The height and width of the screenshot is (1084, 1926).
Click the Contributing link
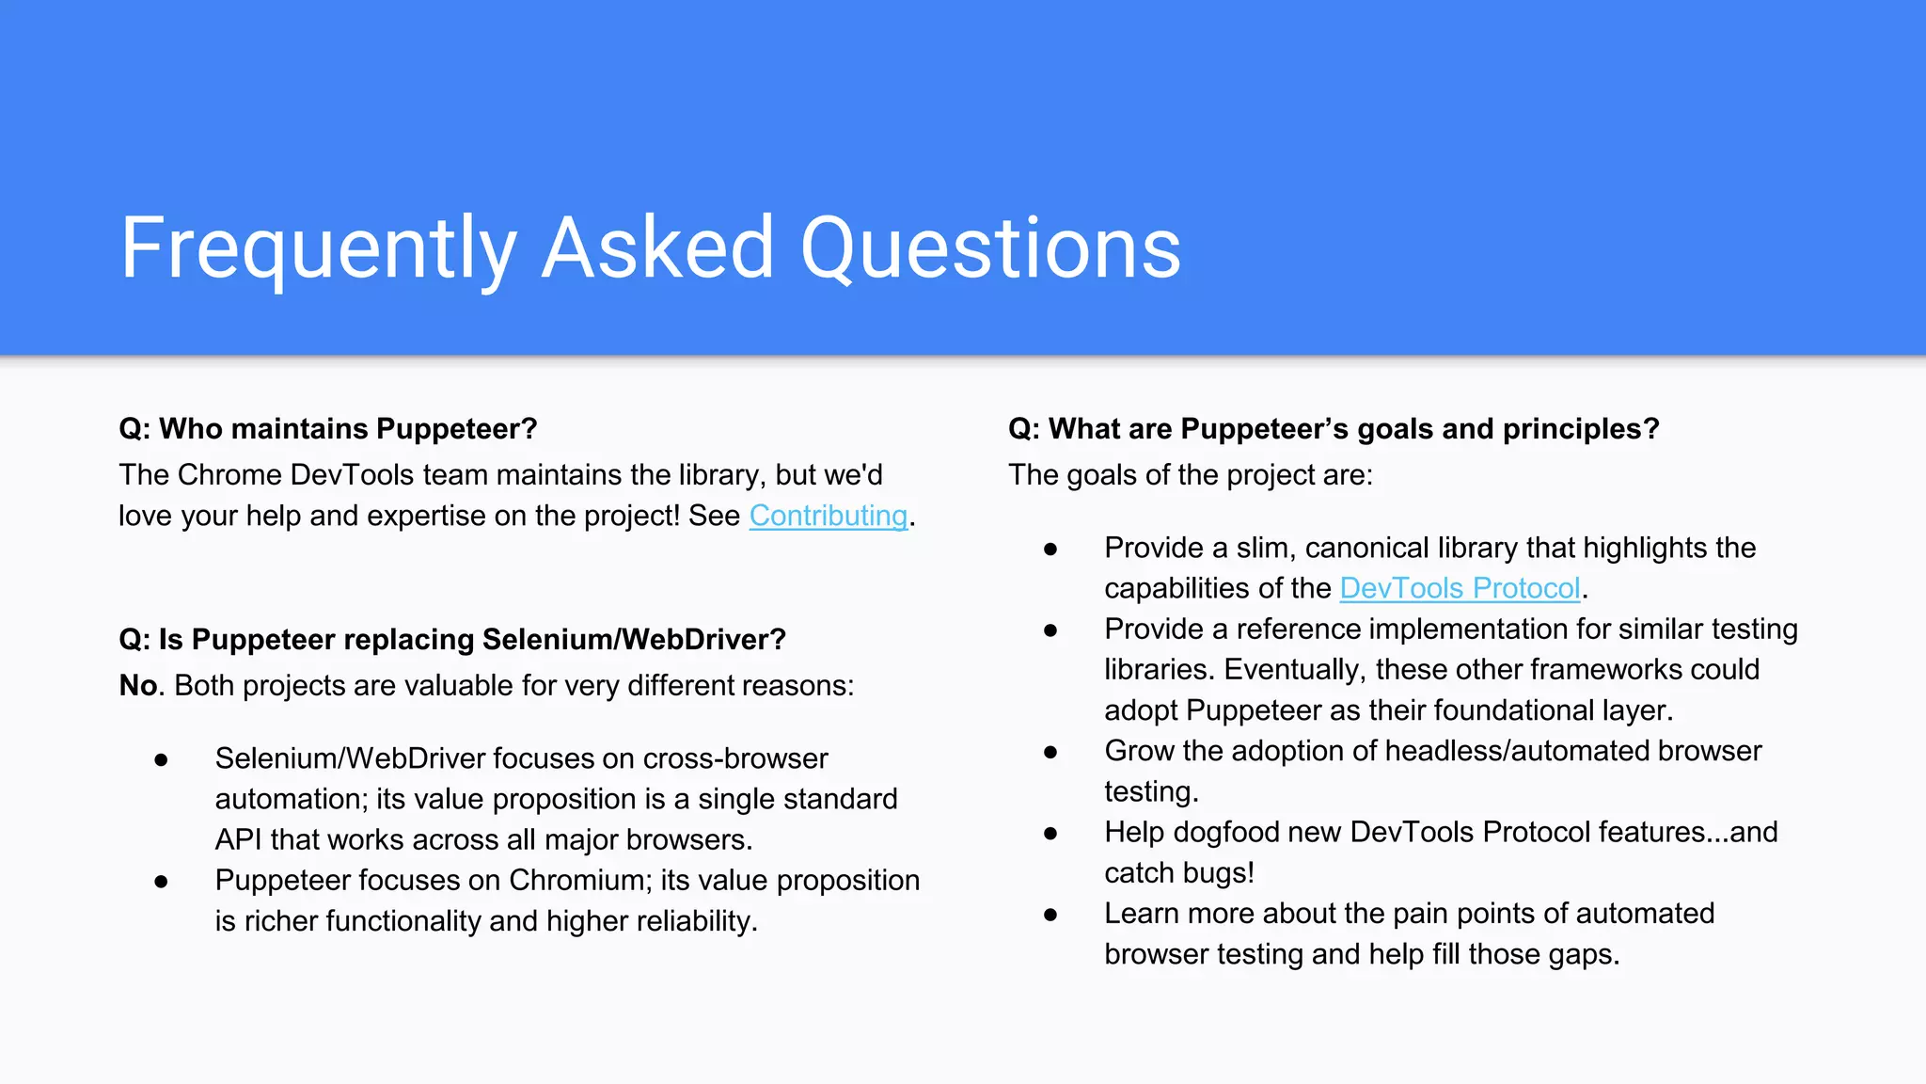tap(828, 516)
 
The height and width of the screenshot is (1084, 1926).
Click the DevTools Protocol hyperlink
tap(1459, 588)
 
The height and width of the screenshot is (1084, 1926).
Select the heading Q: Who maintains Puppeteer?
tap(328, 429)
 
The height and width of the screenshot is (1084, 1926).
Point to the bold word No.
tap(138, 685)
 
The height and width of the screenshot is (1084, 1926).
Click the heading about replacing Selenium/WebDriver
tap(452, 640)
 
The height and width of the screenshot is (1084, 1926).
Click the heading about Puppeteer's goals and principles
tap(1334, 429)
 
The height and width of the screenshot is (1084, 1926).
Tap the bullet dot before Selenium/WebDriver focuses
tap(162, 759)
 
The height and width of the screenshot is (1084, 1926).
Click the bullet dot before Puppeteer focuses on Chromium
tap(162, 882)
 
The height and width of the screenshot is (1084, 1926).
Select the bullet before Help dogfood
tap(1050, 833)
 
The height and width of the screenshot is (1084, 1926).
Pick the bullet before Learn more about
tap(1050, 914)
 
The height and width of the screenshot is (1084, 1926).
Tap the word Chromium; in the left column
tap(580, 880)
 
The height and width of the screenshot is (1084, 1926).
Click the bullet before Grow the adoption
tap(1050, 752)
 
